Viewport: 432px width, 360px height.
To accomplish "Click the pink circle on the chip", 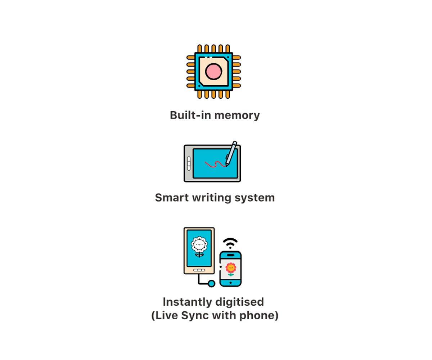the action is pyautogui.click(x=213, y=71).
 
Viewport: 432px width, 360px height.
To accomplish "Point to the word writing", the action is pyautogui.click(x=212, y=198).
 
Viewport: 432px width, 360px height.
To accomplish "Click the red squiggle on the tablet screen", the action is pyautogui.click(x=215, y=164).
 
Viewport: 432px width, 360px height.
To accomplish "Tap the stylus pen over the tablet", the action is pyautogui.click(x=231, y=153).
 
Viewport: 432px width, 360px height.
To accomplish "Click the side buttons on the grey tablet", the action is pyautogui.click(x=189, y=163).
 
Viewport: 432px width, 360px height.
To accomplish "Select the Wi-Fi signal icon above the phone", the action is pyautogui.click(x=230, y=243).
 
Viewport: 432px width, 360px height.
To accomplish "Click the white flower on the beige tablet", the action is pyautogui.click(x=199, y=247).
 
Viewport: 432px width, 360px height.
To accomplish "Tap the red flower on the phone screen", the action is pyautogui.click(x=231, y=269).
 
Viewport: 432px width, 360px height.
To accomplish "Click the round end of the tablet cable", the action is pyautogui.click(x=211, y=283).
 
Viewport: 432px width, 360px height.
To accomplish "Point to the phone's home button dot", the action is pyautogui.click(x=230, y=283).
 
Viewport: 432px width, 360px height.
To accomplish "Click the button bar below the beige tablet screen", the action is pyautogui.click(x=199, y=270).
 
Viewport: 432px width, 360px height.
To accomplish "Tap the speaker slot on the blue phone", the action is pyautogui.click(x=230, y=255).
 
